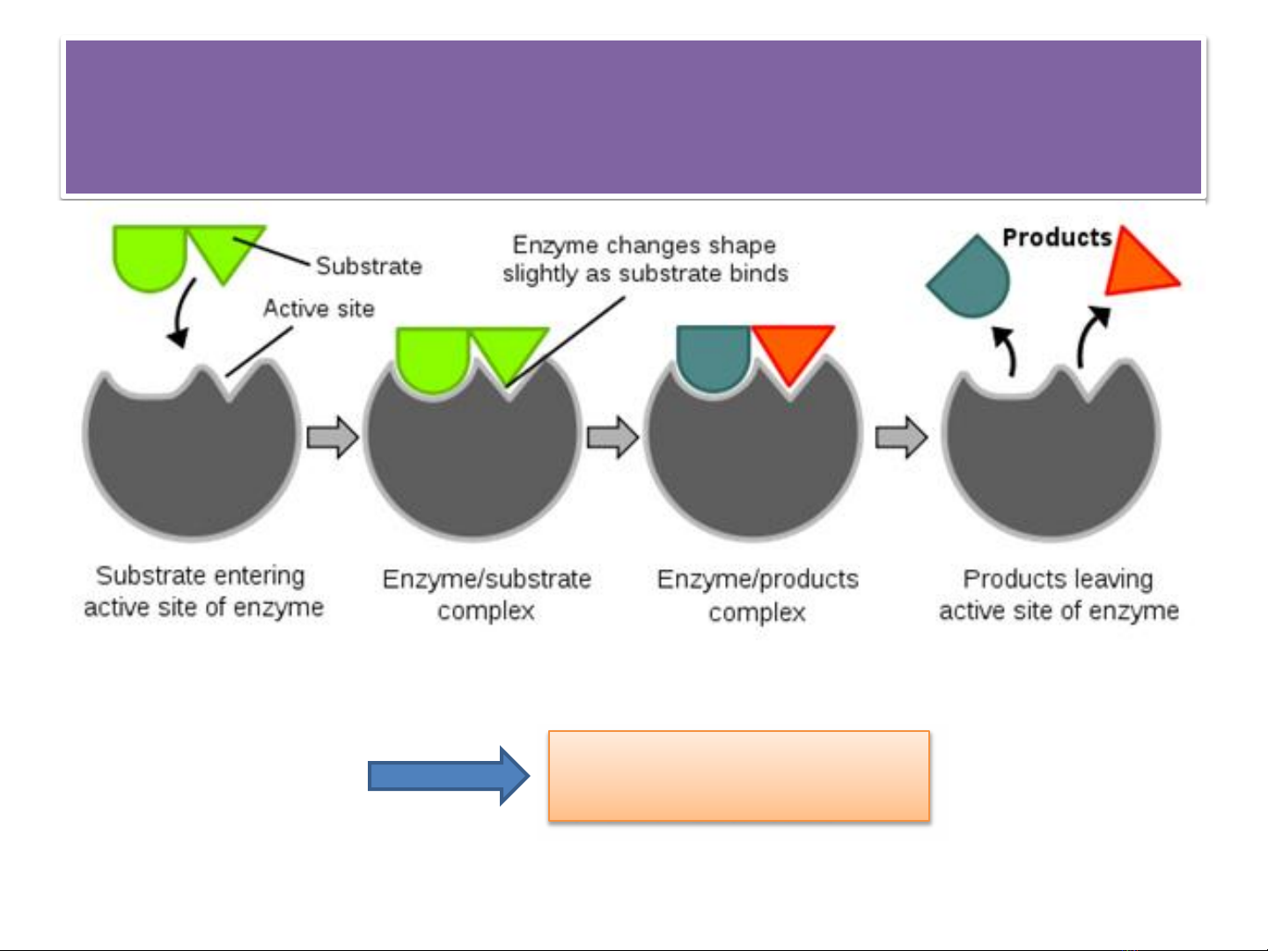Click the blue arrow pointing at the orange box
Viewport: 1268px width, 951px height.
pyautogui.click(x=448, y=775)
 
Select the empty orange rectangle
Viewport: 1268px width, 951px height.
pyautogui.click(x=739, y=775)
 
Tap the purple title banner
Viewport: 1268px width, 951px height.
pyautogui.click(x=634, y=117)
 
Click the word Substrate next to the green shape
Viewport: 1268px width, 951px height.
pyautogui.click(x=369, y=267)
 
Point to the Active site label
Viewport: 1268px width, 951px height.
pyautogui.click(x=319, y=308)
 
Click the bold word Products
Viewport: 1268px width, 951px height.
pyautogui.click(x=1057, y=238)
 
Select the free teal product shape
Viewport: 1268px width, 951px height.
pyautogui.click(x=969, y=276)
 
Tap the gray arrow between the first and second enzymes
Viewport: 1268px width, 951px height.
pyautogui.click(x=332, y=437)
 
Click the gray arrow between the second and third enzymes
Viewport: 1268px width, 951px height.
pyautogui.click(x=613, y=437)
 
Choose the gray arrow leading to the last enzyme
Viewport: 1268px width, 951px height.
pyautogui.click(x=902, y=437)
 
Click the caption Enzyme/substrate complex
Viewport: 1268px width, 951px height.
pyautogui.click(x=487, y=595)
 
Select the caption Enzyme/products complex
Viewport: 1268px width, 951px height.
pyautogui.click(x=758, y=596)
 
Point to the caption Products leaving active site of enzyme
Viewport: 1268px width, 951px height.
pyautogui.click(x=1059, y=595)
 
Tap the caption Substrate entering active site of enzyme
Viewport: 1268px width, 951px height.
pyautogui.click(x=203, y=592)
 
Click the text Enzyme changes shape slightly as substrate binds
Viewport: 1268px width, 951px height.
pyautogui.click(x=645, y=260)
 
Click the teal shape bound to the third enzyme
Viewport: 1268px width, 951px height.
pyautogui.click(x=714, y=358)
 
